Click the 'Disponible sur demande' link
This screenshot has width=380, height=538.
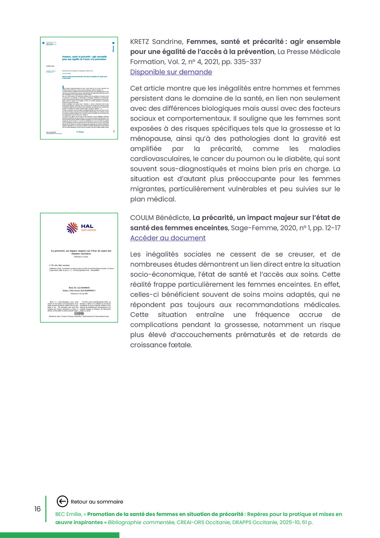171,72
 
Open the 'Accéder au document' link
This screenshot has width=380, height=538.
168,238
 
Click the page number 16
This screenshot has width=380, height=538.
37,509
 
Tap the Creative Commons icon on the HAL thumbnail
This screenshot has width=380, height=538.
78,313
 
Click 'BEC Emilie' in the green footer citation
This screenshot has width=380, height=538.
70,514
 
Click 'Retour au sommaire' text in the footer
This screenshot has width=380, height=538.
97,502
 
